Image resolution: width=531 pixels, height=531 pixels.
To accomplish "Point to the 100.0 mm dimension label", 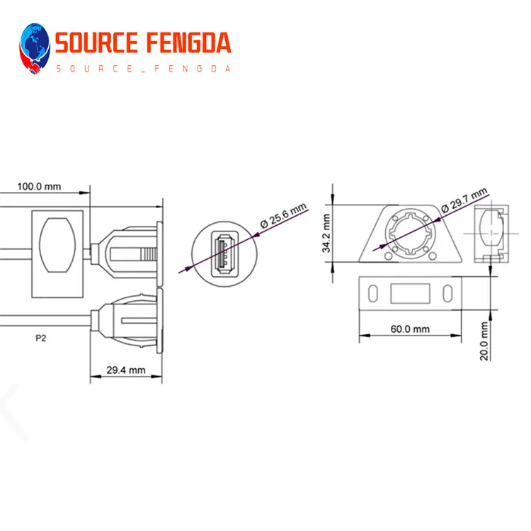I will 39,187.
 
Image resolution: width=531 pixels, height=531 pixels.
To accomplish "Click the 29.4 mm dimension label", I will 125,370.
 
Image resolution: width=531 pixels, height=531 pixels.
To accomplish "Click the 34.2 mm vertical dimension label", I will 326,234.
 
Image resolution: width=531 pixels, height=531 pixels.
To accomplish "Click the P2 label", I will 41,338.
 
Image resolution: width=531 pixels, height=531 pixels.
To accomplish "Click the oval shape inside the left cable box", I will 58,245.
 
